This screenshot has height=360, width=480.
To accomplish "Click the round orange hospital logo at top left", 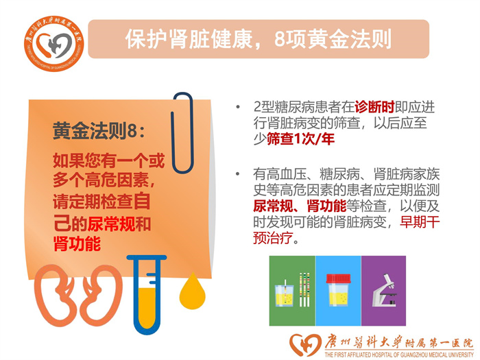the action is pos(54,44).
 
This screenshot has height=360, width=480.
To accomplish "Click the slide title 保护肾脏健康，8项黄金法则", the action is pos(259,39).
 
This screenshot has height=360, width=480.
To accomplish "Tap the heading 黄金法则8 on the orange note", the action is pos(99,131).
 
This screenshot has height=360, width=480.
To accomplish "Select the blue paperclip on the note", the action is pos(182,133).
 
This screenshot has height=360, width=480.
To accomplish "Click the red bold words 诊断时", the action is pos(374,107).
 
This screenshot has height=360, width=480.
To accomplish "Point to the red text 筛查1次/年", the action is pos(300,139).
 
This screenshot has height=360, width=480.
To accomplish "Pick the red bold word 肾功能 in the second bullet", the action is pos(326,206).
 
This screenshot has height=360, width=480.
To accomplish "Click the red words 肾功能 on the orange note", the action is pos(77,244).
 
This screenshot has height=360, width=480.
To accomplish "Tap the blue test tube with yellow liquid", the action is pos(147,294).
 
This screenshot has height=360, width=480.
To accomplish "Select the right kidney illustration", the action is pos(101,296).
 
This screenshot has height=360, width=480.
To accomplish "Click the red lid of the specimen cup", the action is pos(338,278).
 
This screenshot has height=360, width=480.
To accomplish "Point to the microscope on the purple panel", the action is pos(385,290).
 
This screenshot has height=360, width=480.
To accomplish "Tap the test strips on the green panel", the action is pos(304,289).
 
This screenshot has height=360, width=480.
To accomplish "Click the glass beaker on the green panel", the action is pos(285,294).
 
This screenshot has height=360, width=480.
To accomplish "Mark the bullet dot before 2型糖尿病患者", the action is pos(238,107).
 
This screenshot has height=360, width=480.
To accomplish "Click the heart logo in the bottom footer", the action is pos(305,345).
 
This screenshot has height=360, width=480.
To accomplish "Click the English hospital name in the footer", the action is pos(399,355).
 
